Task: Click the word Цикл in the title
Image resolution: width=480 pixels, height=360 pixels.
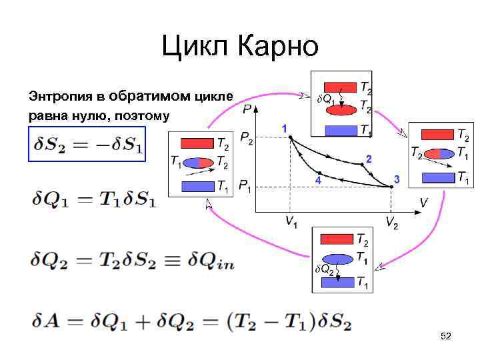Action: (x=191, y=47)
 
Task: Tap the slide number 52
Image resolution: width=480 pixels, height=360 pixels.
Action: (x=445, y=337)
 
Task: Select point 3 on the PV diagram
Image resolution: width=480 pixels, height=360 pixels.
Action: (x=391, y=187)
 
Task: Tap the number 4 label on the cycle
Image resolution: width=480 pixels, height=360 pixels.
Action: (x=318, y=181)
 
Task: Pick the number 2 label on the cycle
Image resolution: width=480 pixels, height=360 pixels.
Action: (x=368, y=158)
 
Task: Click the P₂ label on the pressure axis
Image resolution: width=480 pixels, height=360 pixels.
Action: (x=246, y=139)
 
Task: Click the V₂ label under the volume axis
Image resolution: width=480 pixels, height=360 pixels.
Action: (x=391, y=223)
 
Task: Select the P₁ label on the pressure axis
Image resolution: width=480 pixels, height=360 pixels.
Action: (x=245, y=185)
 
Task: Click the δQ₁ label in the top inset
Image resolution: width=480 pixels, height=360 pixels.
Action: (x=326, y=99)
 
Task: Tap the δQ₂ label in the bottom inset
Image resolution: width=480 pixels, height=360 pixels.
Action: (x=324, y=269)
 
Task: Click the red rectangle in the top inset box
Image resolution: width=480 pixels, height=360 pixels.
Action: (x=340, y=87)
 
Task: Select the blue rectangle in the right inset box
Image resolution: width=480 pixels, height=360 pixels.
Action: (x=437, y=178)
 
